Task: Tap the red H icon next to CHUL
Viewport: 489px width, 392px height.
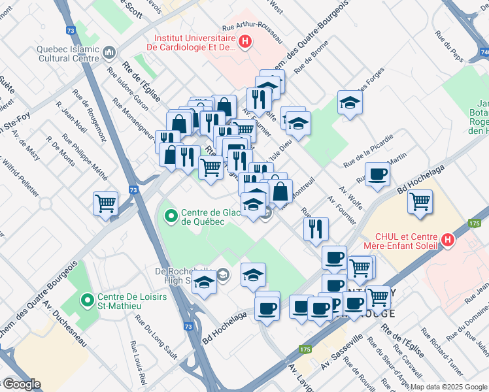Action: [448, 240]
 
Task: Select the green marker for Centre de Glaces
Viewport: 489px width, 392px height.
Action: [171, 215]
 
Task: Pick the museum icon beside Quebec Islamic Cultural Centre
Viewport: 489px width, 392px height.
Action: [109, 51]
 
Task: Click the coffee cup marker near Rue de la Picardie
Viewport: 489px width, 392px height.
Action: [378, 174]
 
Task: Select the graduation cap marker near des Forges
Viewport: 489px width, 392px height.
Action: [350, 103]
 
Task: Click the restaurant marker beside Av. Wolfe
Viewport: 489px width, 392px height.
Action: [316, 229]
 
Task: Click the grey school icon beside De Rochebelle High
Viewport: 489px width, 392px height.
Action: [223, 274]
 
